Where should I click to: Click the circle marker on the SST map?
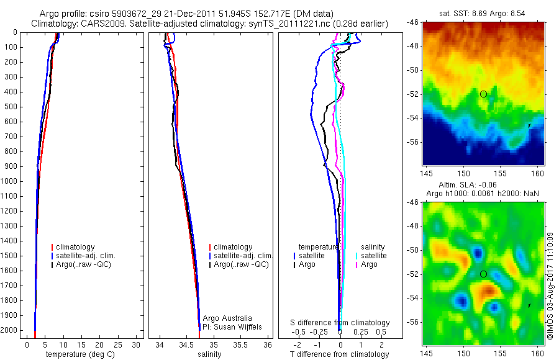pyautogui.click(x=483, y=94)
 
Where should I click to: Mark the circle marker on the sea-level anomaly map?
pyautogui.click(x=483, y=274)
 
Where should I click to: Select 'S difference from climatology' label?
pyautogui.click(x=340, y=323)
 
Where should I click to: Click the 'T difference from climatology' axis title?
pyautogui.click(x=339, y=354)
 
